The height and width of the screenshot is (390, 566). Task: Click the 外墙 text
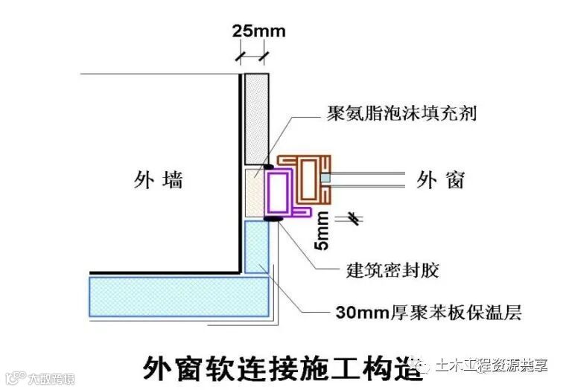pyautogui.click(x=158, y=179)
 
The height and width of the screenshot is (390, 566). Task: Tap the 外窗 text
pyautogui.click(x=441, y=179)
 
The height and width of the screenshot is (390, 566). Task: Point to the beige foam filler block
pyautogui.click(x=256, y=192)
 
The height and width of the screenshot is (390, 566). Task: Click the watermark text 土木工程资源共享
pyautogui.click(x=492, y=365)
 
